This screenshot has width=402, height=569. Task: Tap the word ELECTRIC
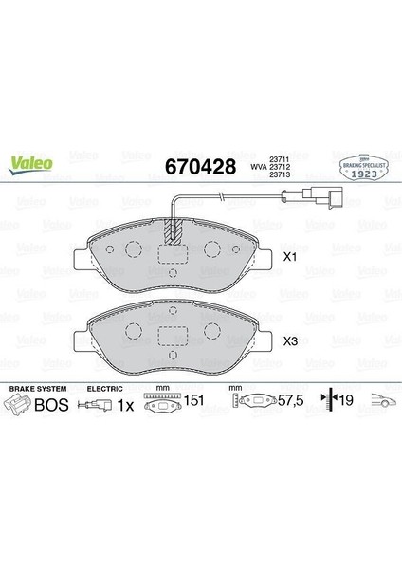pyautogui.click(x=105, y=389)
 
